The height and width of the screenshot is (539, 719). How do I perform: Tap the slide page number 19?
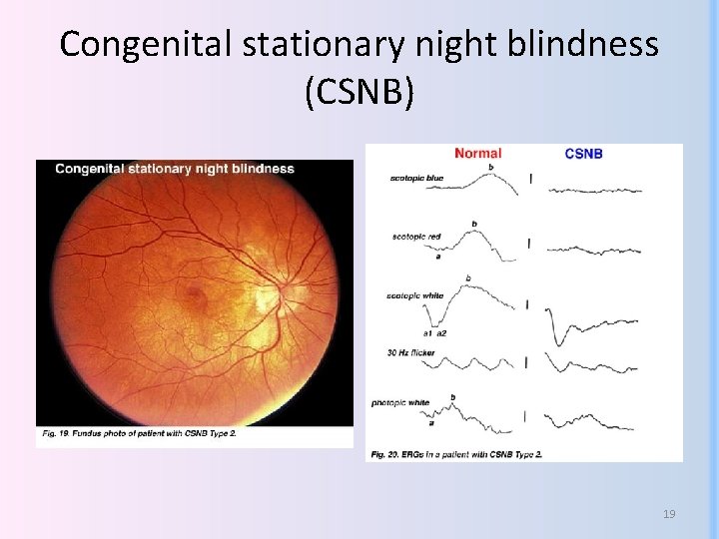coord(669,514)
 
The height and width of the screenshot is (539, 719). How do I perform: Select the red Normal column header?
coord(477,154)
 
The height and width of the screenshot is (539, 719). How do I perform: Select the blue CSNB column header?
coord(583,154)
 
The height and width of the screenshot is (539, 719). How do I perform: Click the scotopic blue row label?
coord(417,179)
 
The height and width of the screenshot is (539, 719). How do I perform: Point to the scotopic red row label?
coord(417,237)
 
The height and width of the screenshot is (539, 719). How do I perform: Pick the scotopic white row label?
coord(415,296)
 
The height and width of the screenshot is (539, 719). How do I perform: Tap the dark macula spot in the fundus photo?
coord(197,296)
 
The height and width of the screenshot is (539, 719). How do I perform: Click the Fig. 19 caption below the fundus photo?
coord(139,433)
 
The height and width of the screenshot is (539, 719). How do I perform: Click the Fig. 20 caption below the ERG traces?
coord(468,455)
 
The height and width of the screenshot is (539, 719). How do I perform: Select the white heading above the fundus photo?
coord(175,169)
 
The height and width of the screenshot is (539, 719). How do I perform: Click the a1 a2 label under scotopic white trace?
coord(434,332)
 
